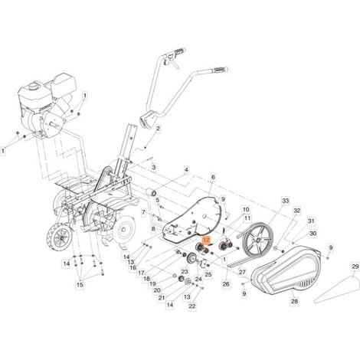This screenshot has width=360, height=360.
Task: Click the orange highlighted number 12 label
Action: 206,240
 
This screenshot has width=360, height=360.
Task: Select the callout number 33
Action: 285,201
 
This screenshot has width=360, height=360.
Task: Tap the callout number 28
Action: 294,302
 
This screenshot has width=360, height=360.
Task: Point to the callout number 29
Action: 355,267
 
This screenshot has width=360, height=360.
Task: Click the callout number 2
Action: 158,129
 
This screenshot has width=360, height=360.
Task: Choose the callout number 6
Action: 213,177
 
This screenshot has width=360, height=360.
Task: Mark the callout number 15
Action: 80,285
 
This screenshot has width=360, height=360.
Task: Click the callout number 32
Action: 297,211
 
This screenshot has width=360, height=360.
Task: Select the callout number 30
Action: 313,234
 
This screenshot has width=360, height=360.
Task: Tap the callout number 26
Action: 226,284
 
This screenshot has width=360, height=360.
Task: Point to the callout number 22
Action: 192,306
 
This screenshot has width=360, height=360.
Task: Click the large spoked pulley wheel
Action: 257,239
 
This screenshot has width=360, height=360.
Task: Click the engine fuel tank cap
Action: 33,85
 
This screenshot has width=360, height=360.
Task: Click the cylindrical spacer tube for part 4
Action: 150,192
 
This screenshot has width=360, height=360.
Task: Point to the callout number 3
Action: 154,168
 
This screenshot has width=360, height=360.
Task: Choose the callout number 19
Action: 152,284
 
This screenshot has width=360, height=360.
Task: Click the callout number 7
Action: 144,212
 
